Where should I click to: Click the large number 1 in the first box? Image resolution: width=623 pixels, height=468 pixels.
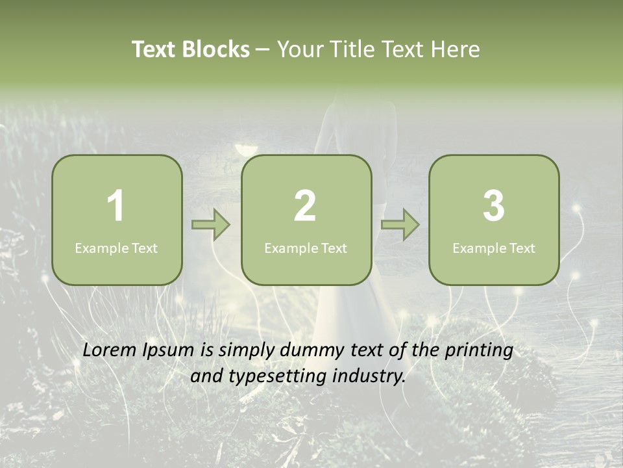(116, 206)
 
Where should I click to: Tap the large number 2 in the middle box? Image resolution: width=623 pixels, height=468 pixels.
(305, 206)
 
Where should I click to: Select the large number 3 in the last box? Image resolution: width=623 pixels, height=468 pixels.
(494, 206)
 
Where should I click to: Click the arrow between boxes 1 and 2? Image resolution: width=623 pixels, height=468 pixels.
(211, 225)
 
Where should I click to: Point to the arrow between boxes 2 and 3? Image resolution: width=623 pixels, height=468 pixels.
(400, 225)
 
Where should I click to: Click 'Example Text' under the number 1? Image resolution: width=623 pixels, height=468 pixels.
(116, 248)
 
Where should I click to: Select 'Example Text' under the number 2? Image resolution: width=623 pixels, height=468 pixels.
(306, 248)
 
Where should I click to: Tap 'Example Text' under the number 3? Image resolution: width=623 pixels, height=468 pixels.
(494, 248)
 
